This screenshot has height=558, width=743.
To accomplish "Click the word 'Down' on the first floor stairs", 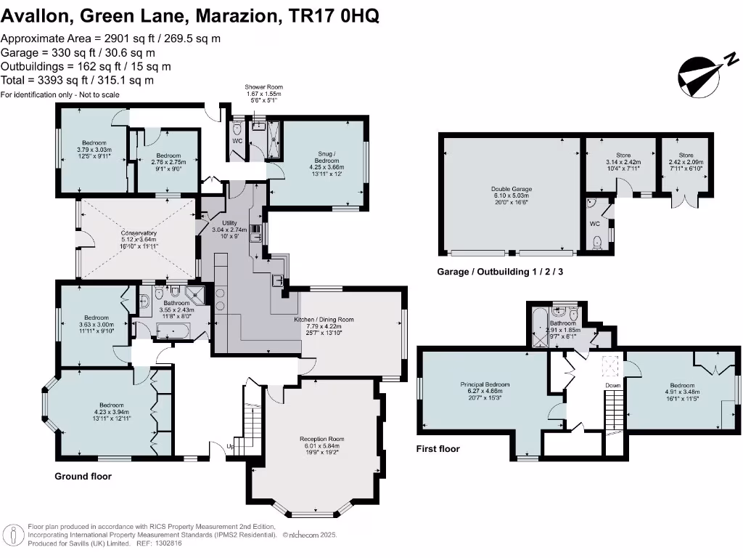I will point(613,385).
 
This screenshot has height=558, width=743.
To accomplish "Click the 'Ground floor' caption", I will point(83,477).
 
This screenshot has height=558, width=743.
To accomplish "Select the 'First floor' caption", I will point(438,449).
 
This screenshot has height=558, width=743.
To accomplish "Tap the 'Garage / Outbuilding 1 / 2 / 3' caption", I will point(500,272).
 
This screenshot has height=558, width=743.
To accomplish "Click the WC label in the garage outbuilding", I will point(594,225).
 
